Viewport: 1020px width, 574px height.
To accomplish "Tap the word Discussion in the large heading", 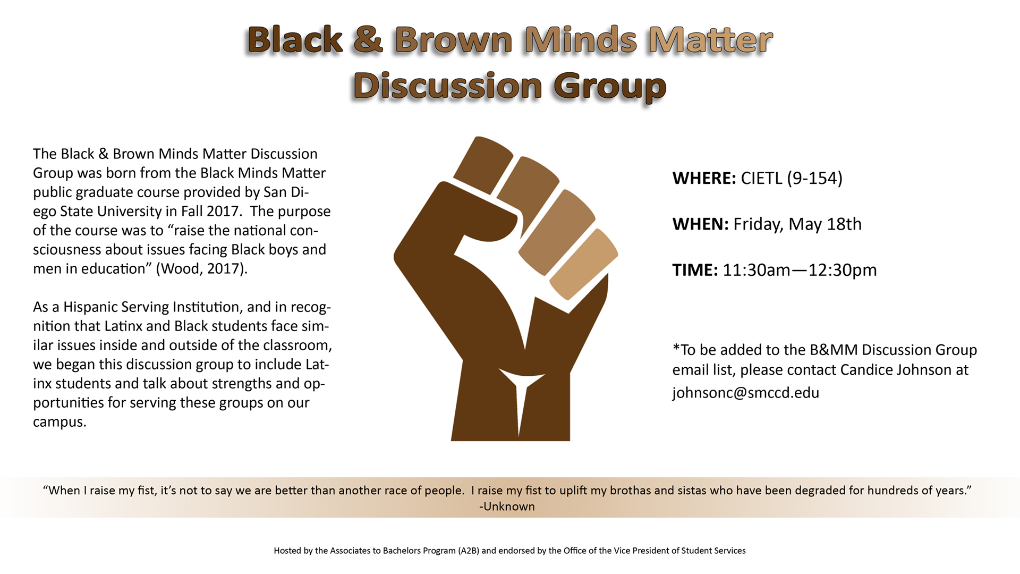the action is tap(448, 86).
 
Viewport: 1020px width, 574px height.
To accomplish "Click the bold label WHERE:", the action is tap(704, 178).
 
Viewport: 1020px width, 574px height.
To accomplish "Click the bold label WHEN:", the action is tap(700, 224).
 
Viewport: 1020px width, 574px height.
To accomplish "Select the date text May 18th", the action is tap(824, 224).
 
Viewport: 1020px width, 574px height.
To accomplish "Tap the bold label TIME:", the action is tap(695, 270).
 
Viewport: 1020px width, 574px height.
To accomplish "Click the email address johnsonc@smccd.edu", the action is tap(745, 393).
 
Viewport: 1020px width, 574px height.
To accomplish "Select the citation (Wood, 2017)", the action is tap(202, 269).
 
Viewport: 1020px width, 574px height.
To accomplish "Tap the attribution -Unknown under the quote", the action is tap(507, 507).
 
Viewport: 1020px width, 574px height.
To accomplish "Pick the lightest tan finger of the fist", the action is tap(583, 264).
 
